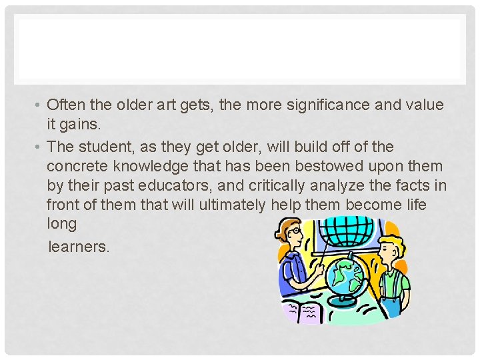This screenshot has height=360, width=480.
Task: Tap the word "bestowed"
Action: pyautogui.click(x=303, y=165)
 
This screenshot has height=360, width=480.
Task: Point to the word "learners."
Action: pyautogui.click(x=79, y=247)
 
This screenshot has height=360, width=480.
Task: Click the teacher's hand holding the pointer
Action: pyautogui.click(x=319, y=270)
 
